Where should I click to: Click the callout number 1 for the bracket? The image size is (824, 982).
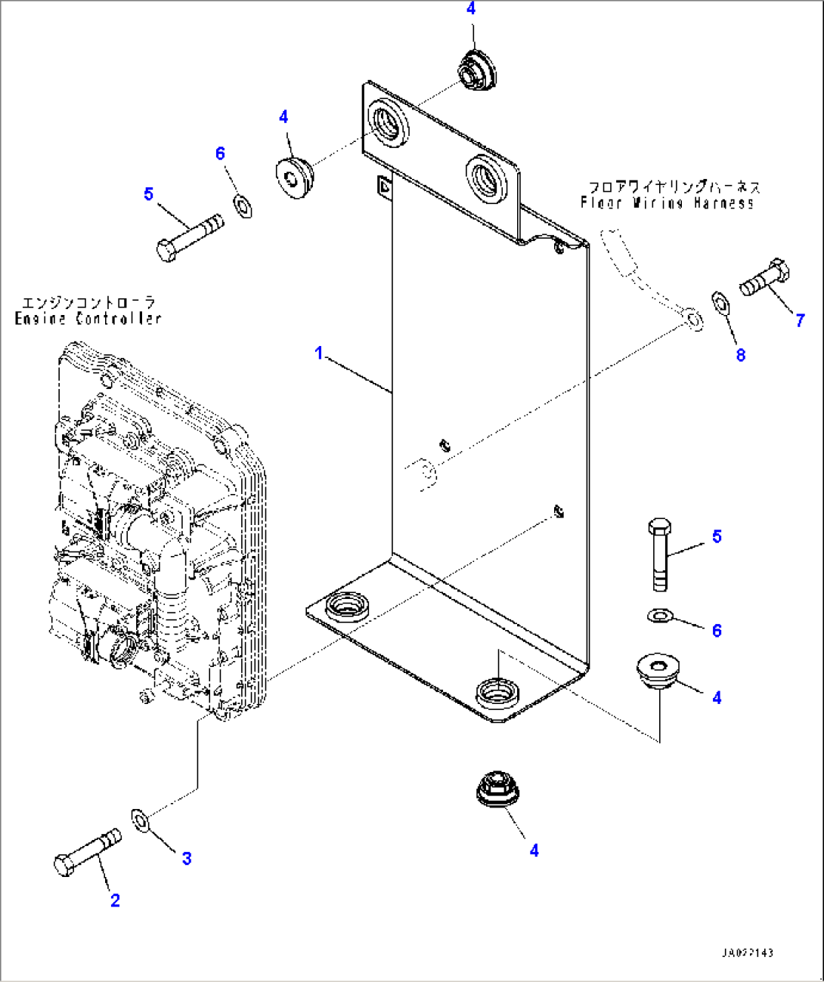319,353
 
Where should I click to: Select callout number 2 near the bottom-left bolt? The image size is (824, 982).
115,900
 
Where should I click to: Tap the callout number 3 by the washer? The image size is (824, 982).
186,858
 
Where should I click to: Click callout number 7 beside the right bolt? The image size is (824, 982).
800,320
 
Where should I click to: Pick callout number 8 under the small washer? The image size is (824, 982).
741,355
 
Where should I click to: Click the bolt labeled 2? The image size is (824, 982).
87,852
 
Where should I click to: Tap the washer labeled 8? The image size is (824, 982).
720,304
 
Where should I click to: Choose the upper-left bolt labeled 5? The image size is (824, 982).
189,236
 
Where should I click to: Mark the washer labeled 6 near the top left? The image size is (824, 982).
243,204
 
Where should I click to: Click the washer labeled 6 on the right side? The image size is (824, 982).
659,616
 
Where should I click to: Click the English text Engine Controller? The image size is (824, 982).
88,319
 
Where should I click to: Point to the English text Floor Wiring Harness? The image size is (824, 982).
667,202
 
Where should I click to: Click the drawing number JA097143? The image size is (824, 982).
747,953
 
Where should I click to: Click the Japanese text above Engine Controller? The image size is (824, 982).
88,302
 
